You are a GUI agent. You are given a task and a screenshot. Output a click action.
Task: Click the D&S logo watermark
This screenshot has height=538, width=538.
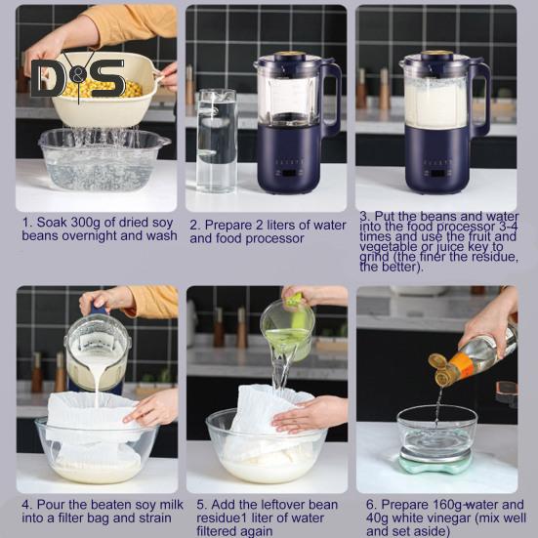(78, 77)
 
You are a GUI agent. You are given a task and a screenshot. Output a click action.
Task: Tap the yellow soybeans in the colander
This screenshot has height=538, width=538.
(102, 88)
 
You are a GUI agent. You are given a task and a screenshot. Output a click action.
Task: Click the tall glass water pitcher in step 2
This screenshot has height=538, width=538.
(217, 141)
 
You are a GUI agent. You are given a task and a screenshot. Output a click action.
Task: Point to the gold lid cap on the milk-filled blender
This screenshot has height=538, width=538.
(436, 54)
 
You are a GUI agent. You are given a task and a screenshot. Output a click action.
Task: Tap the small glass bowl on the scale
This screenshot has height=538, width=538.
(436, 432)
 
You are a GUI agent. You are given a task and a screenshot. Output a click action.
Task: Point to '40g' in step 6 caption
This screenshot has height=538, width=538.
(377, 517)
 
